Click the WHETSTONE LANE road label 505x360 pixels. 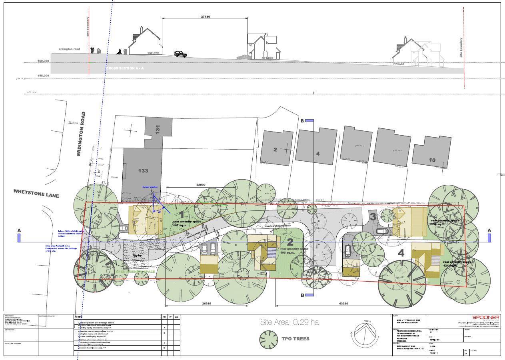pos(36,193)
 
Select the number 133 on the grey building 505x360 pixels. pos(143,171)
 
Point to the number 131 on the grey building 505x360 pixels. pos(158,130)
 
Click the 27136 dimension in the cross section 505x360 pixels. pos(205,17)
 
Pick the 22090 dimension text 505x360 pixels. pos(201,185)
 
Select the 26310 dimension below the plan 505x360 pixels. pos(206,304)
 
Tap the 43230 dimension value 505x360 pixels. pos(343,304)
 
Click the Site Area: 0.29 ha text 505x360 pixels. pos(289,322)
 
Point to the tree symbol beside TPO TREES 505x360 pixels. pos(268,339)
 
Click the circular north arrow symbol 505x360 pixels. pos(367,334)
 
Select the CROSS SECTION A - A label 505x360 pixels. pos(125,68)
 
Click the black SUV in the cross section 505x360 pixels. pos(180,54)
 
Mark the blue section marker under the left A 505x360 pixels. pos(19,238)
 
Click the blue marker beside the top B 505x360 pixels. pos(309,120)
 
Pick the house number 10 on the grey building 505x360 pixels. pos(432,160)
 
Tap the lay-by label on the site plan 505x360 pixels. pos(137,255)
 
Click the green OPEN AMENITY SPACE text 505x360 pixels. pos(135,272)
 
